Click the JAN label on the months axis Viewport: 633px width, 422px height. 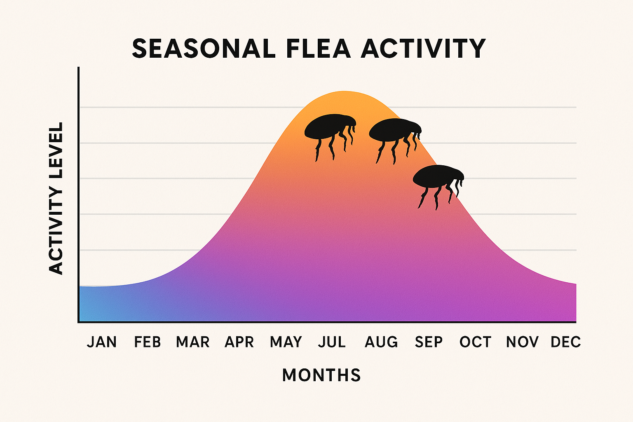[x=102, y=342]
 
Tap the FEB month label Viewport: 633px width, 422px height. [x=148, y=342]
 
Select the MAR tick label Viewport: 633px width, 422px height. [x=193, y=342]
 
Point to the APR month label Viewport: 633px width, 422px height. [x=239, y=342]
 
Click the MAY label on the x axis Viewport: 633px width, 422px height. [x=286, y=342]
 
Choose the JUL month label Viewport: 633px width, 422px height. [x=332, y=342]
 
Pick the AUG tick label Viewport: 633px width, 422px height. [x=381, y=342]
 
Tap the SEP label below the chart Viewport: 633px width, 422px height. [x=429, y=342]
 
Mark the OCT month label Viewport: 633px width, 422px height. [x=476, y=342]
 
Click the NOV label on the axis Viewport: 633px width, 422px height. [x=522, y=342]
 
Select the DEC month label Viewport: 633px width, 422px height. [x=566, y=342]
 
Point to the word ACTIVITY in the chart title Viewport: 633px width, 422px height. [x=424, y=49]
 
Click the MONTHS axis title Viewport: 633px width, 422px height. [x=321, y=375]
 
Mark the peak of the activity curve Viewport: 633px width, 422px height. [x=344, y=91]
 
